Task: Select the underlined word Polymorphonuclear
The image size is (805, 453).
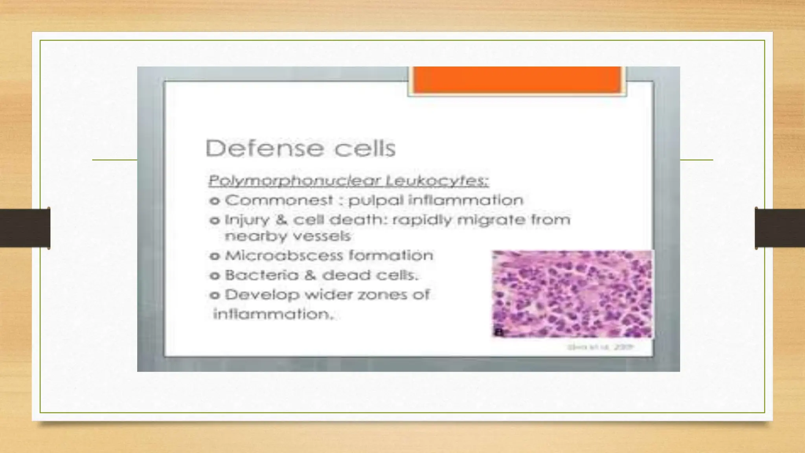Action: tap(294, 181)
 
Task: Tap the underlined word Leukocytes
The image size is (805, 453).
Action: tap(437, 181)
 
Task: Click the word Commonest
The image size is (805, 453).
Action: tap(279, 201)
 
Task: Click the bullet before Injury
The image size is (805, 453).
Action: tap(215, 221)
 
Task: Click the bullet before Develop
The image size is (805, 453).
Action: tap(215, 295)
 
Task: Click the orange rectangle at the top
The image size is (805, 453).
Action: tap(517, 80)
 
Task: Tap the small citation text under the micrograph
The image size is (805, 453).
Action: tap(601, 348)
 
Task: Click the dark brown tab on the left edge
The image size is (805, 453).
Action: tap(25, 228)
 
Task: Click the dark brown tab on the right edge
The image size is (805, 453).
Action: tap(780, 228)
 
